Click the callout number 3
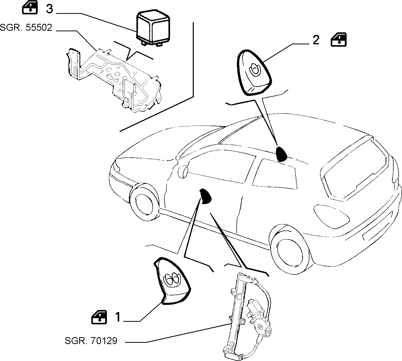click(49, 9)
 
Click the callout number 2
click(316, 40)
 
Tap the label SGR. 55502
click(26, 27)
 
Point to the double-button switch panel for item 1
click(172, 280)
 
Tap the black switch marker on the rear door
click(281, 154)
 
